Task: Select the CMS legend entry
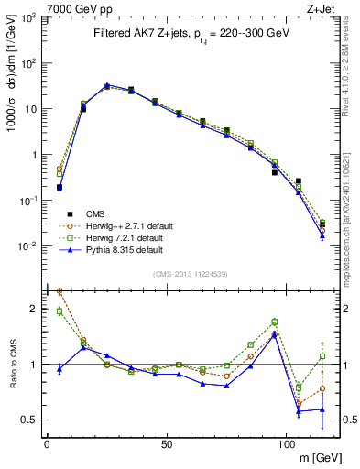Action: click(x=94, y=213)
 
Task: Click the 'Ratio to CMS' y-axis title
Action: click(x=12, y=364)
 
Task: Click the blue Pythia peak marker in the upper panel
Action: click(x=107, y=85)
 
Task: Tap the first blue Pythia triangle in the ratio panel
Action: click(x=60, y=369)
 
